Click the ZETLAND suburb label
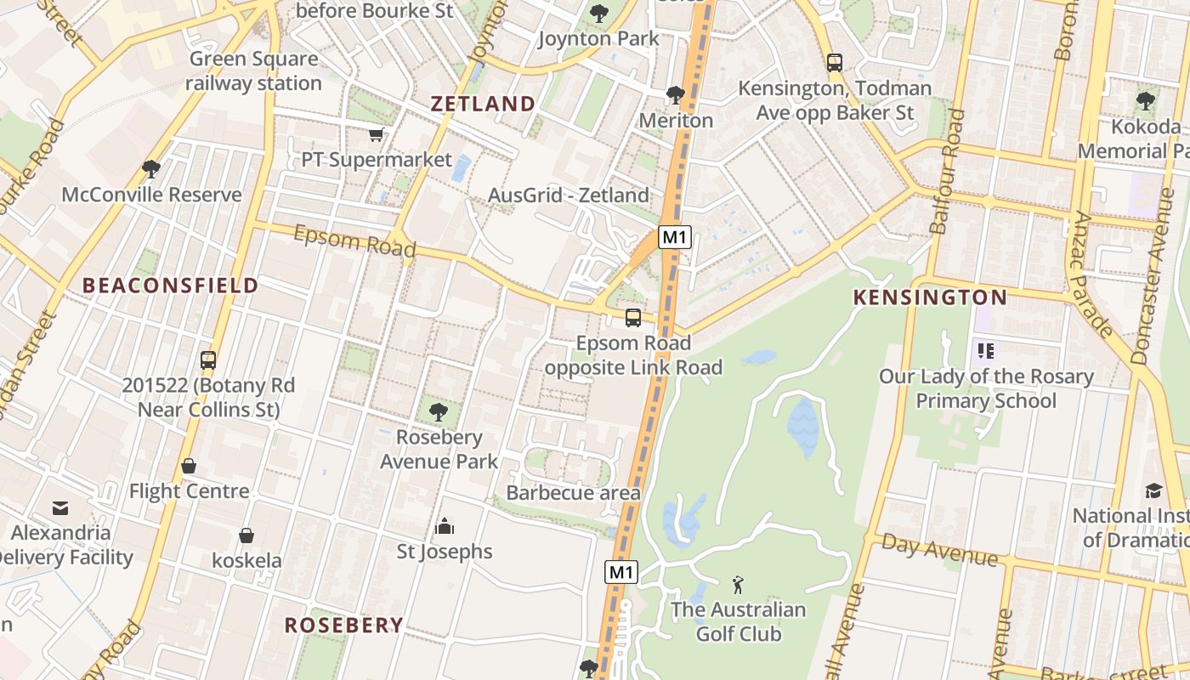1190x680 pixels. [483, 104]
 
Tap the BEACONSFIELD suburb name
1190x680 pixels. [170, 286]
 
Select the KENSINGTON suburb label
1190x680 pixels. [930, 297]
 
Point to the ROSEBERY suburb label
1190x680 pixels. [343, 626]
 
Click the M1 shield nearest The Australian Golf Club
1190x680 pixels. [621, 572]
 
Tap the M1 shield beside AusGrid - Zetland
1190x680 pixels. [674, 237]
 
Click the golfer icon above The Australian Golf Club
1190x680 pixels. [738, 585]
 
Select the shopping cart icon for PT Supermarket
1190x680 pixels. [376, 134]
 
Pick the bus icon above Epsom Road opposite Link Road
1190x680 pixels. [633, 318]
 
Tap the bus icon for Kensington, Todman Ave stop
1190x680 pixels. [835, 62]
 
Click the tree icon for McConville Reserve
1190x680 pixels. [151, 169]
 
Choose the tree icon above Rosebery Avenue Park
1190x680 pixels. [439, 412]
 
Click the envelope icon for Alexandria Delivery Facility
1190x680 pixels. [60, 507]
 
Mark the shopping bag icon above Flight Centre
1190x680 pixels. [189, 466]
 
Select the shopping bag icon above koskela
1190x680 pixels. [246, 535]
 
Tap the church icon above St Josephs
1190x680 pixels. [445, 527]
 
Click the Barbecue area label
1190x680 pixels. [574, 493]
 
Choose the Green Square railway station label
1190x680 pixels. [253, 71]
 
